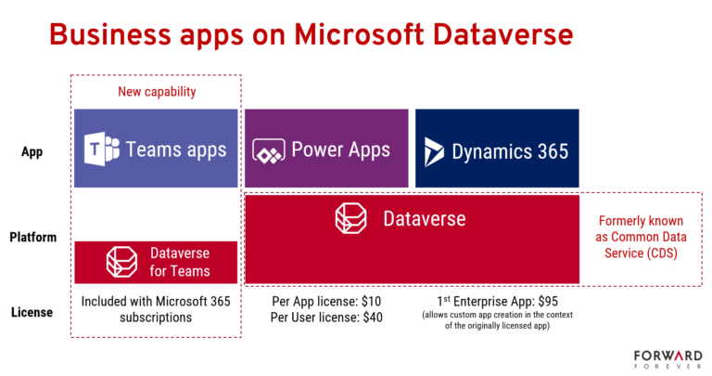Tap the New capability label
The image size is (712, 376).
156,91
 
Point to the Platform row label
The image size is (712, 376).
33,237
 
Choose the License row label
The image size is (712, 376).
32,312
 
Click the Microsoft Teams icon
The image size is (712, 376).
101,149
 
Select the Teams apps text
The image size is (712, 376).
176,149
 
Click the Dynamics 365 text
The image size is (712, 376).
510,150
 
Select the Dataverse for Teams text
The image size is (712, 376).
180,262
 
